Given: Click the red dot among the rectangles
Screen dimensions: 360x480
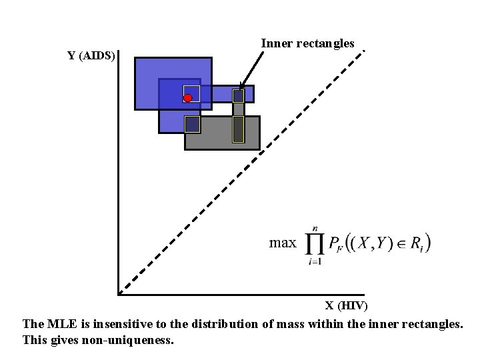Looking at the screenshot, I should pyautogui.click(x=187, y=98).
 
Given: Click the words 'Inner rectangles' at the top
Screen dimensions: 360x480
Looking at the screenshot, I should pyautogui.click(x=307, y=43).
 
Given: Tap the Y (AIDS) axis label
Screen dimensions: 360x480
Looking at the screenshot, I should pyautogui.click(x=91, y=55).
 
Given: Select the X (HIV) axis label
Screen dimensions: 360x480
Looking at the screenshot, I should pyautogui.click(x=346, y=306).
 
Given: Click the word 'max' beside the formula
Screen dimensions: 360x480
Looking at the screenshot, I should pyautogui.click(x=282, y=243).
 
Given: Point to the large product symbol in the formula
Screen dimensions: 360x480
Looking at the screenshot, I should pyautogui.click(x=315, y=245).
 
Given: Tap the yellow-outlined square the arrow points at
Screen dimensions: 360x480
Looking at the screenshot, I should pyautogui.click(x=239, y=95).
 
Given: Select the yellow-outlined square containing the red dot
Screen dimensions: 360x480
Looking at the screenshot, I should pyautogui.click(x=192, y=93).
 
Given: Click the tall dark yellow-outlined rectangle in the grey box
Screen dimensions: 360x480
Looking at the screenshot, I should pyautogui.click(x=238, y=129).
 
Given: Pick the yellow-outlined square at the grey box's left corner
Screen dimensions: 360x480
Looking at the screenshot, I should pyautogui.click(x=192, y=123).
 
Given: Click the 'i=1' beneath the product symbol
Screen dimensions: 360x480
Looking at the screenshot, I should pyautogui.click(x=315, y=262).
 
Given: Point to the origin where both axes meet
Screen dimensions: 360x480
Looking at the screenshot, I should pyautogui.click(x=119, y=293).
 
